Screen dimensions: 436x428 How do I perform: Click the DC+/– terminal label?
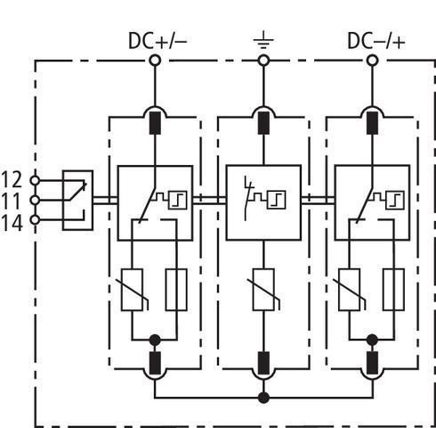click(157, 41)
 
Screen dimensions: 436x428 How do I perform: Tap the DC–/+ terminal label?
click(375, 41)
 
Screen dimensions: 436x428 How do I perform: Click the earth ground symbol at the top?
click(263, 42)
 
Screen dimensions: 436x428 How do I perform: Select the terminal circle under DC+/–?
click(155, 61)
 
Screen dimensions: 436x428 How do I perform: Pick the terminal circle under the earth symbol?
click(263, 61)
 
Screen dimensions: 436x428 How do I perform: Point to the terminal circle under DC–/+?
click(373, 61)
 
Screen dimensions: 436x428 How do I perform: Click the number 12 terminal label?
click(12, 179)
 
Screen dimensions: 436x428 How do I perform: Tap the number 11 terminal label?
click(12, 201)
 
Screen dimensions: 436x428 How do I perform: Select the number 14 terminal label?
click(12, 223)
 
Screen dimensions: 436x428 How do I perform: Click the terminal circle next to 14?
click(35, 220)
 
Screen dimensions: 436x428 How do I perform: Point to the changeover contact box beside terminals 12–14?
click(77, 200)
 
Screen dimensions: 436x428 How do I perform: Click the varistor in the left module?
click(133, 290)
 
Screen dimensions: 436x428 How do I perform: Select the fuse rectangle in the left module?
click(176, 290)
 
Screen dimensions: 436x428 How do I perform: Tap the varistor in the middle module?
click(263, 290)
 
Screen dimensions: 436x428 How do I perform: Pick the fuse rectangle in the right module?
click(393, 290)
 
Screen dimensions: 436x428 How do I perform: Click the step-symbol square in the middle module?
click(277, 200)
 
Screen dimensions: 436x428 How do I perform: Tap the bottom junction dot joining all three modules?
click(263, 398)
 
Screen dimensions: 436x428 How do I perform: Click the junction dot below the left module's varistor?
click(155, 340)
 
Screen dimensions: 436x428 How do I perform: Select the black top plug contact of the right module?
click(373, 123)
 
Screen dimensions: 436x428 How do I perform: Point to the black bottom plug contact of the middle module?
click(263, 363)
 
